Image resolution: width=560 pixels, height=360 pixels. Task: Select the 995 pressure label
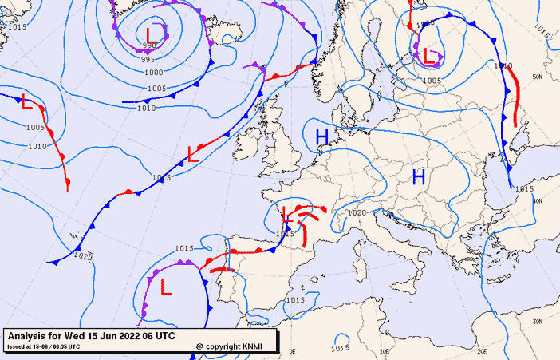[x=148, y=60]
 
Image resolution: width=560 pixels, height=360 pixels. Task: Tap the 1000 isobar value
[x=153, y=73]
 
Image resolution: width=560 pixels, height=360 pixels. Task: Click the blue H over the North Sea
[x=322, y=137]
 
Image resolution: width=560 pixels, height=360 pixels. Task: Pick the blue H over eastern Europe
[x=419, y=177]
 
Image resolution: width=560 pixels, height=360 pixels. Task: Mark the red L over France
[x=287, y=213]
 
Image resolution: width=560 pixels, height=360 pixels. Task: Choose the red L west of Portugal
[x=165, y=286]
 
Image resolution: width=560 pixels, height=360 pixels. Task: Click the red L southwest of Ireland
[x=192, y=154]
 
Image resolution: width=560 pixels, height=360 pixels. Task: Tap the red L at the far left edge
[x=26, y=102]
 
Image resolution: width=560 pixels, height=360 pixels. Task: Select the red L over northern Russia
[x=430, y=56]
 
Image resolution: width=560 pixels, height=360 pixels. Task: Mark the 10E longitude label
[x=385, y=351]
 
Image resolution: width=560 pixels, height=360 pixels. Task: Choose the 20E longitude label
[x=481, y=351]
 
